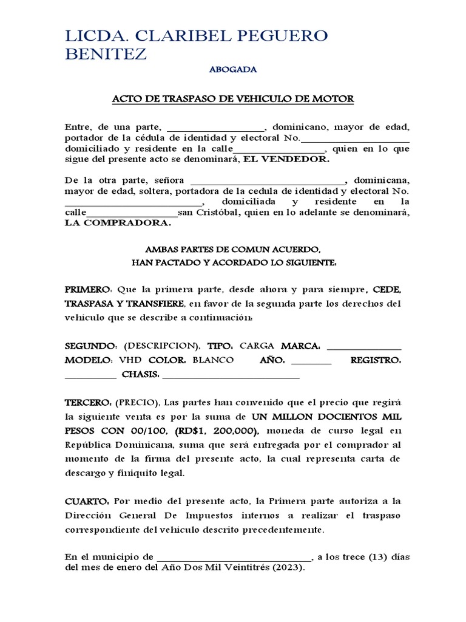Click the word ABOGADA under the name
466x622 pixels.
pos(233,70)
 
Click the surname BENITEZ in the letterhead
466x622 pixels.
pos(106,54)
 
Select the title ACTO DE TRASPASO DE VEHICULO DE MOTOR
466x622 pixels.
pos(233,99)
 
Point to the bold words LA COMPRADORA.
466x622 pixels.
pos(118,223)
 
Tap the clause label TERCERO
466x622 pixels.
pos(87,403)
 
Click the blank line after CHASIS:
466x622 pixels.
pos(232,376)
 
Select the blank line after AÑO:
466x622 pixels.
pos(311,361)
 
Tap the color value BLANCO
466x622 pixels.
pos(213,361)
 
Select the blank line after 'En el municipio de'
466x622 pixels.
pos(234,558)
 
